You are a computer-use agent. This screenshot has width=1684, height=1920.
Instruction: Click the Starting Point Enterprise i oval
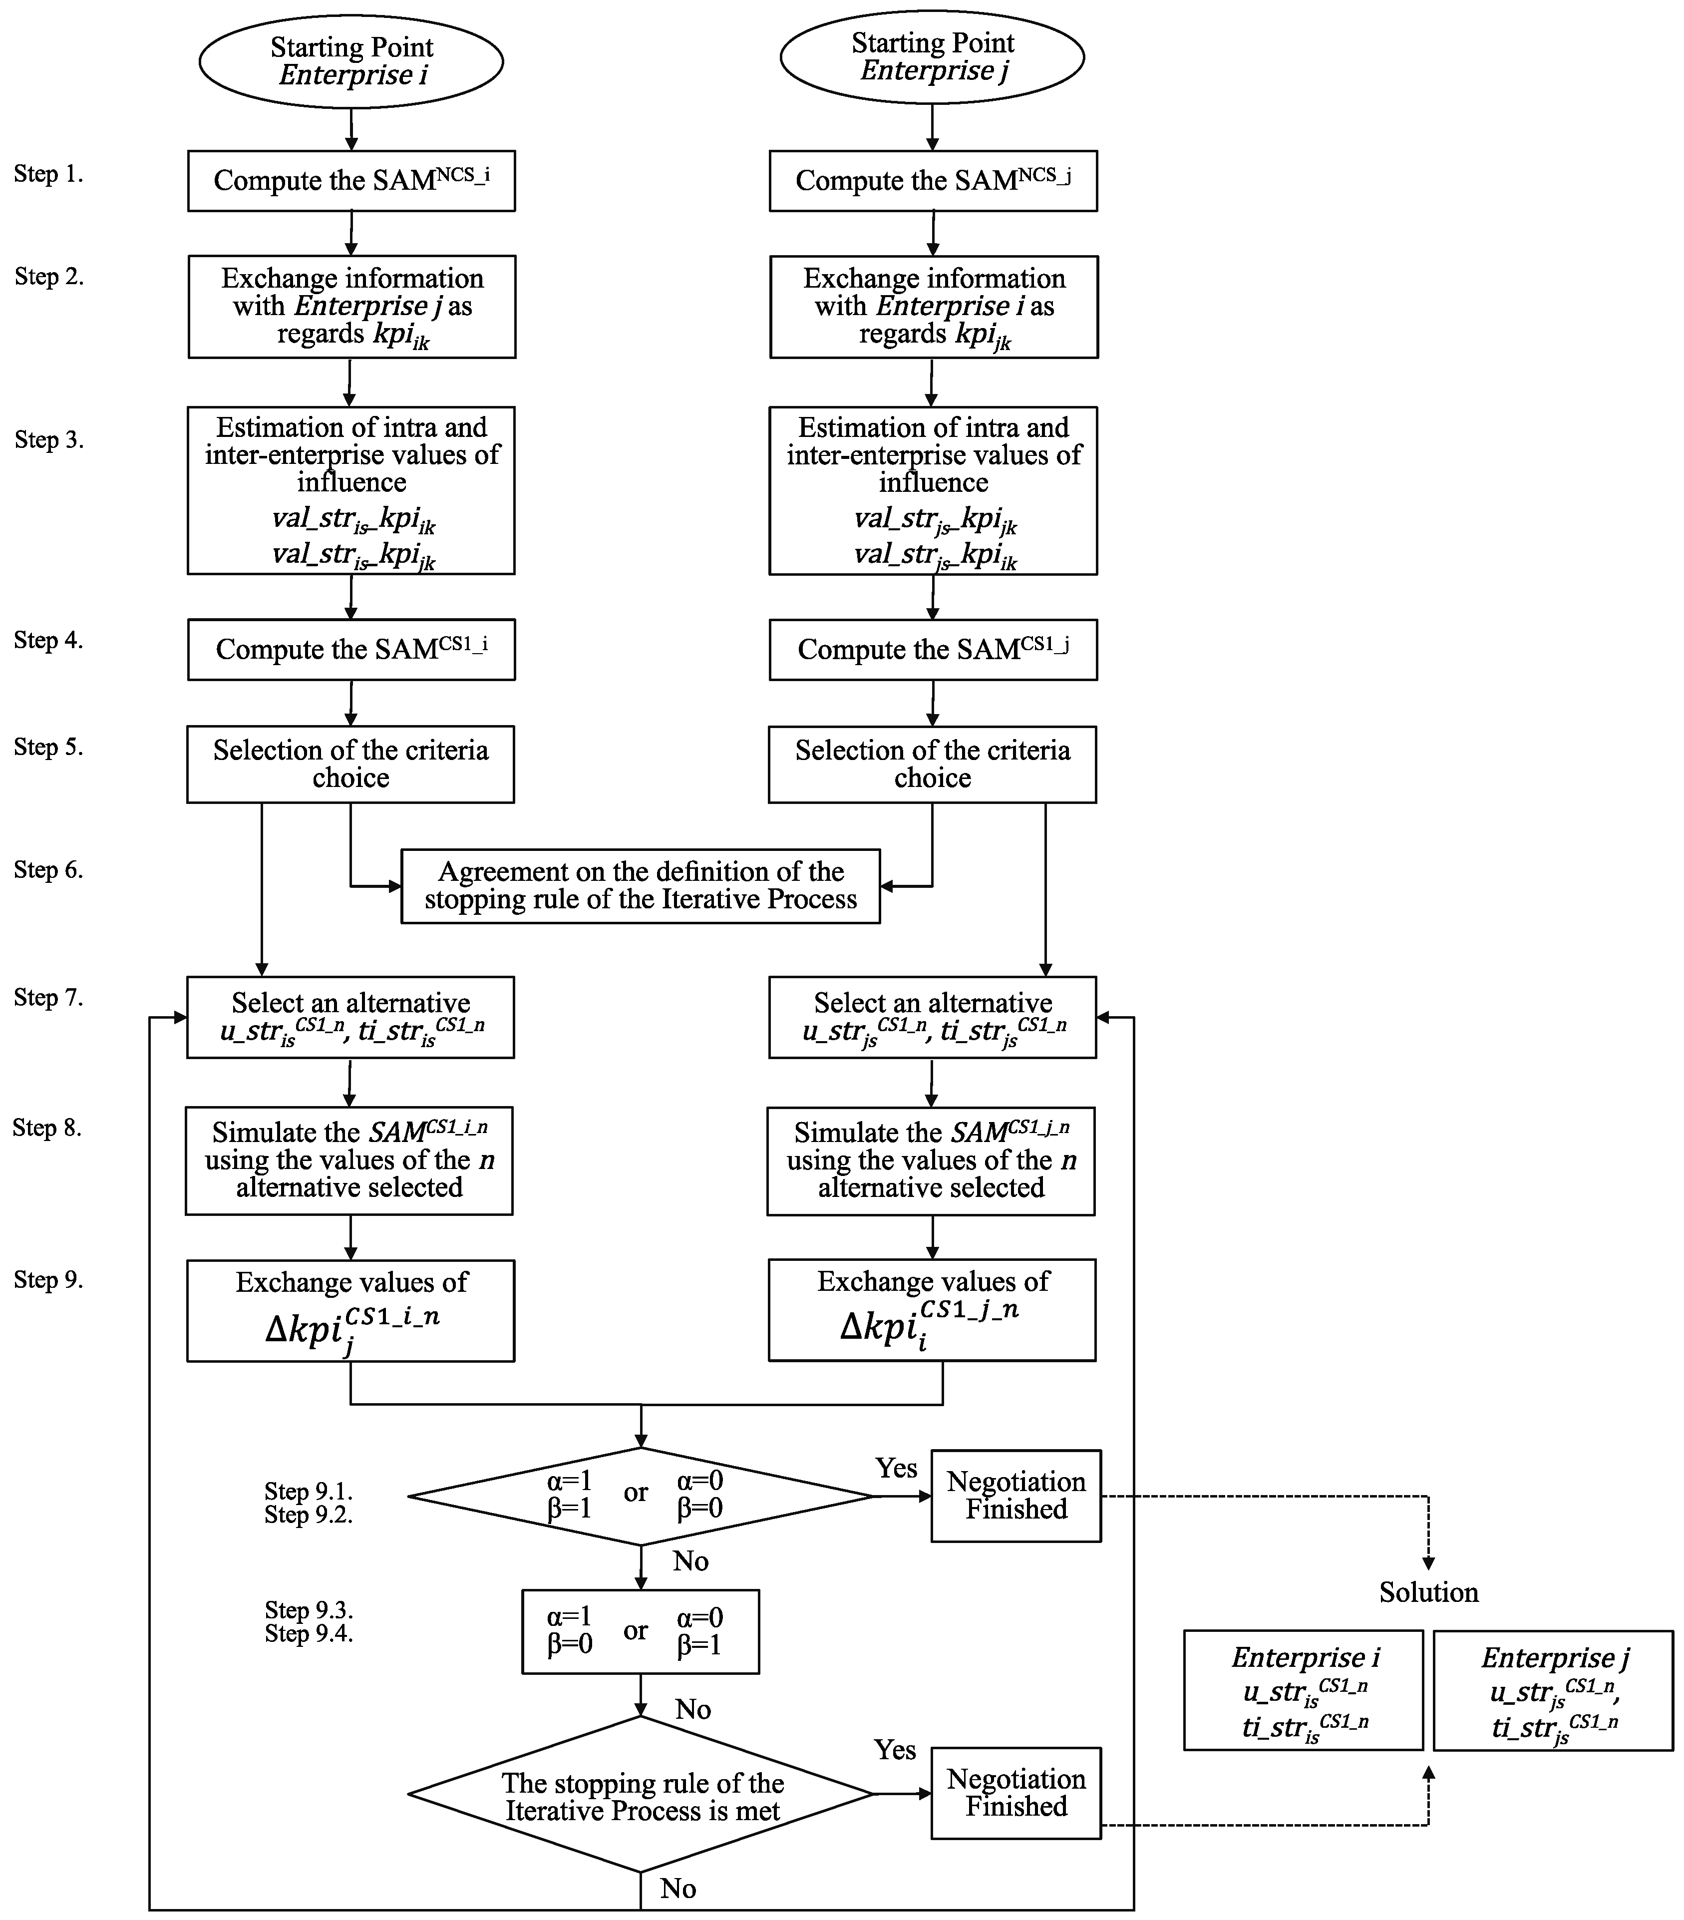pyautogui.click(x=351, y=61)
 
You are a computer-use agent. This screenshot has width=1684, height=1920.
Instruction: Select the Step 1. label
pyautogui.click(x=48, y=174)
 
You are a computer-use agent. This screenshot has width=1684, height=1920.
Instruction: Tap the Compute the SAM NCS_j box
pyautogui.click(x=933, y=180)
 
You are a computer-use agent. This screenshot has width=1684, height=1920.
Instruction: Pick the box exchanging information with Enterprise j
pyautogui.click(x=351, y=306)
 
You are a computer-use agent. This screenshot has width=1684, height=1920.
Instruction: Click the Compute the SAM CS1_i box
pyautogui.click(x=351, y=649)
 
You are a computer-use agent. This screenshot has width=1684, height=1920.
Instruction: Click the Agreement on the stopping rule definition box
pyautogui.click(x=641, y=886)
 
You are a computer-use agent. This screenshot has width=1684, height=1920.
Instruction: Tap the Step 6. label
pyautogui.click(x=48, y=870)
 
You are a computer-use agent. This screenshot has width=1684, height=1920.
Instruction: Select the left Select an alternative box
pyautogui.click(x=350, y=1017)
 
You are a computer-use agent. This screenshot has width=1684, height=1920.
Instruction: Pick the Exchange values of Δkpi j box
pyautogui.click(x=350, y=1310)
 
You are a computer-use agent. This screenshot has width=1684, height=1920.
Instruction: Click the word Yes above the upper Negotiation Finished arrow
pyautogui.click(x=896, y=1467)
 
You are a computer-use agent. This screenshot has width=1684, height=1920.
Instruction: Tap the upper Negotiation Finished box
pyautogui.click(x=1015, y=1496)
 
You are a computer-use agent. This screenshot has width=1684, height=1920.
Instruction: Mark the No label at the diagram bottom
pyautogui.click(x=678, y=1888)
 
